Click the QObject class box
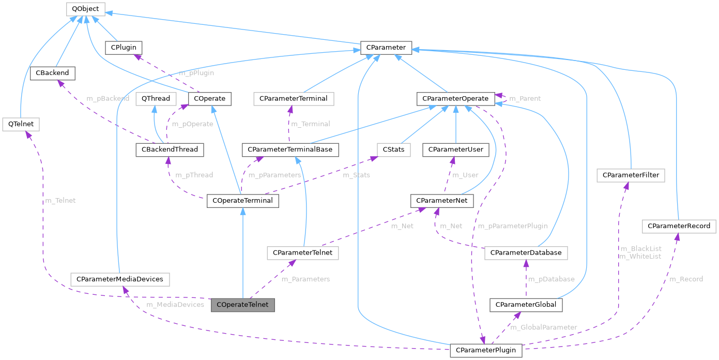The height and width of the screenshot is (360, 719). [85, 9]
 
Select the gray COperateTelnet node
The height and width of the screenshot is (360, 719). [242, 305]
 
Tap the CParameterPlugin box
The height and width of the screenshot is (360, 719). [486, 351]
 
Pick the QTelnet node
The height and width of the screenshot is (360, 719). [21, 125]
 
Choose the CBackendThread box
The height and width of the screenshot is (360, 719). [170, 150]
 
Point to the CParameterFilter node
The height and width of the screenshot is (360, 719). [631, 176]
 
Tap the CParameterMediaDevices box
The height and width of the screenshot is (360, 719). [120, 279]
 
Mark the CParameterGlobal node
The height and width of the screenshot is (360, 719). [526, 305]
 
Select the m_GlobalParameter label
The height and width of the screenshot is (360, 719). [543, 327]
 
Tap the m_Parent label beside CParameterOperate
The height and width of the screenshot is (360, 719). [525, 98]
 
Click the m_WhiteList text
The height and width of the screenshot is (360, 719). [640, 257]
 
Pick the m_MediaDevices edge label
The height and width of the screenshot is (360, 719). [175, 305]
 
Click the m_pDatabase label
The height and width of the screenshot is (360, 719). [550, 279]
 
